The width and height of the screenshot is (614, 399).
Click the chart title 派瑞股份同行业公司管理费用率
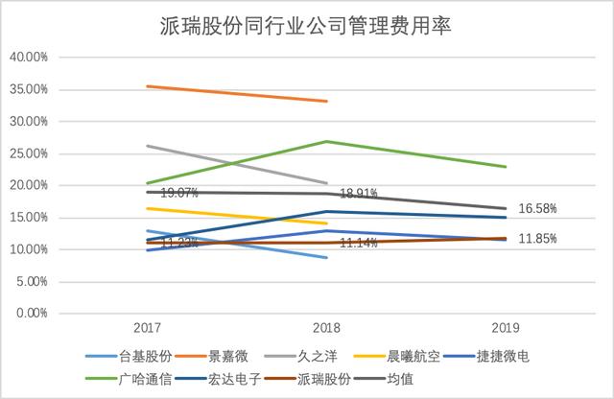click(x=307, y=26)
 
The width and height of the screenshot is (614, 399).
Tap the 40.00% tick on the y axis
click(x=29, y=58)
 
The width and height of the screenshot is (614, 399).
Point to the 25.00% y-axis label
click(x=29, y=153)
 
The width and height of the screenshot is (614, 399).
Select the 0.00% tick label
click(x=32, y=314)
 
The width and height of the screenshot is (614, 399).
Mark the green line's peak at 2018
click(x=327, y=142)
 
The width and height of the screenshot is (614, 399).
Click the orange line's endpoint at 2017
click(x=146, y=86)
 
